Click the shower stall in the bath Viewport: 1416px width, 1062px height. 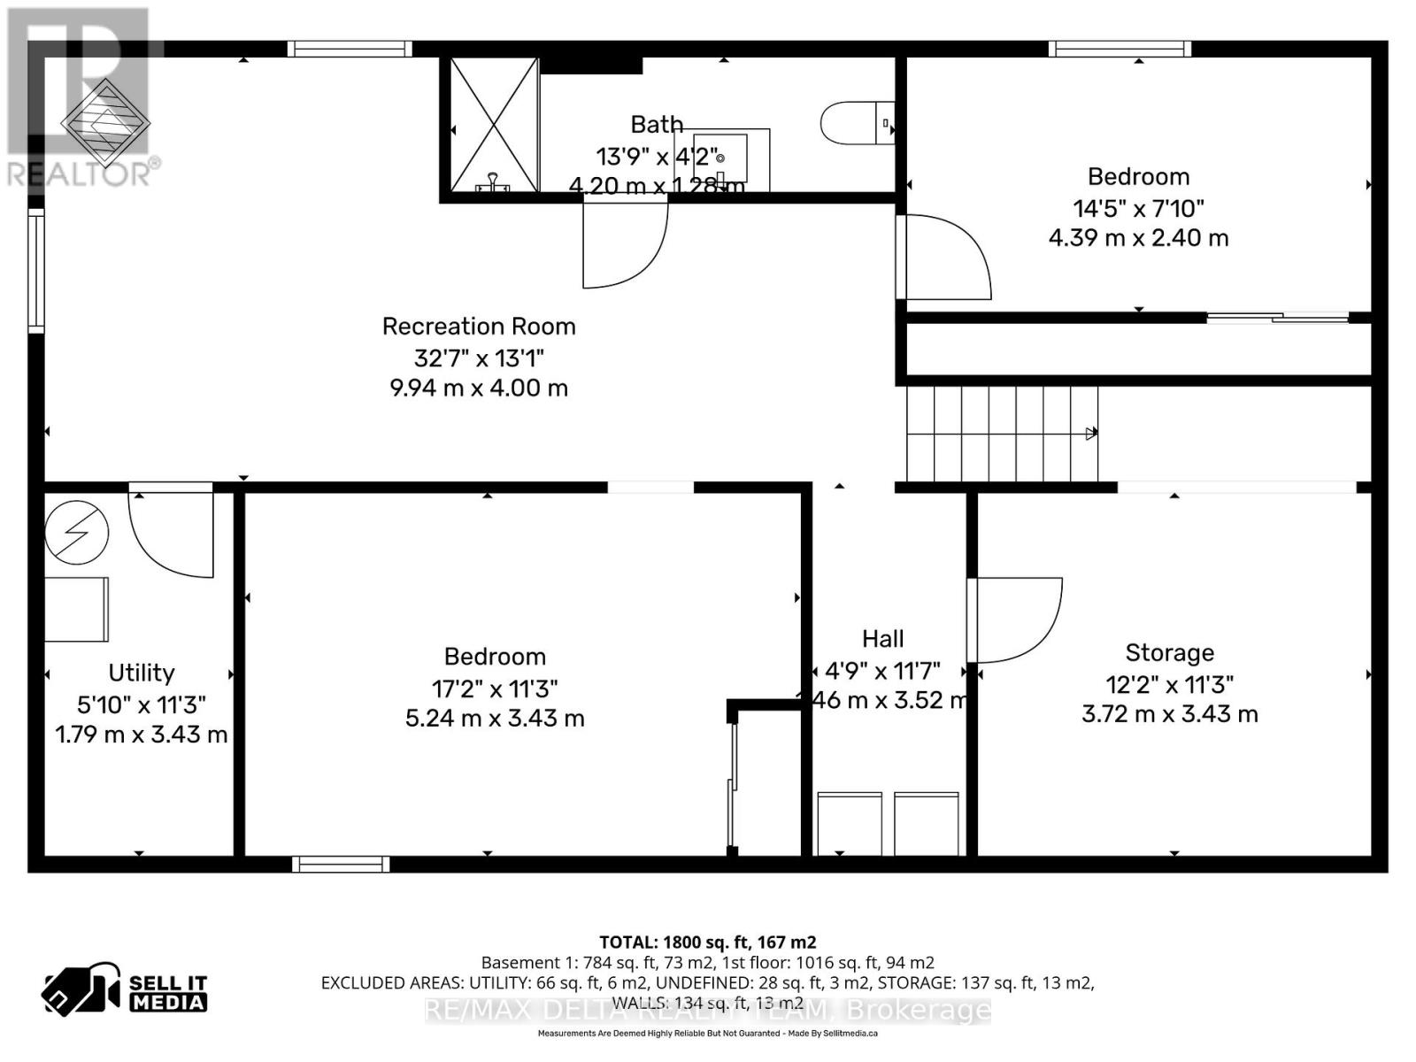tap(494, 124)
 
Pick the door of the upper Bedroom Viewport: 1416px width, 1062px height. tap(943, 257)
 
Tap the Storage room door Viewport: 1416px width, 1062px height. tap(1013, 619)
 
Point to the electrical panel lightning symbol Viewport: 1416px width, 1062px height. tap(77, 533)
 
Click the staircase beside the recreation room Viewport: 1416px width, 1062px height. tap(1000, 434)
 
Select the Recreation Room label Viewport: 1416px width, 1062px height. tap(479, 327)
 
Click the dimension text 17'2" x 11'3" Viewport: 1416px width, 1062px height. tap(495, 689)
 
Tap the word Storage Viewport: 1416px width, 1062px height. tap(1169, 653)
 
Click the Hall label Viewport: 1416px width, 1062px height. tap(882, 639)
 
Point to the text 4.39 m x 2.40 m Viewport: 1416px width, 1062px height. tap(1138, 238)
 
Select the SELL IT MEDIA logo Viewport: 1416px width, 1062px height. tap(125, 991)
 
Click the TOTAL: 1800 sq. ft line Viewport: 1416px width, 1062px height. tap(707, 943)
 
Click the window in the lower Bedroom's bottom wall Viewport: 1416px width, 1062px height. tap(341, 864)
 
